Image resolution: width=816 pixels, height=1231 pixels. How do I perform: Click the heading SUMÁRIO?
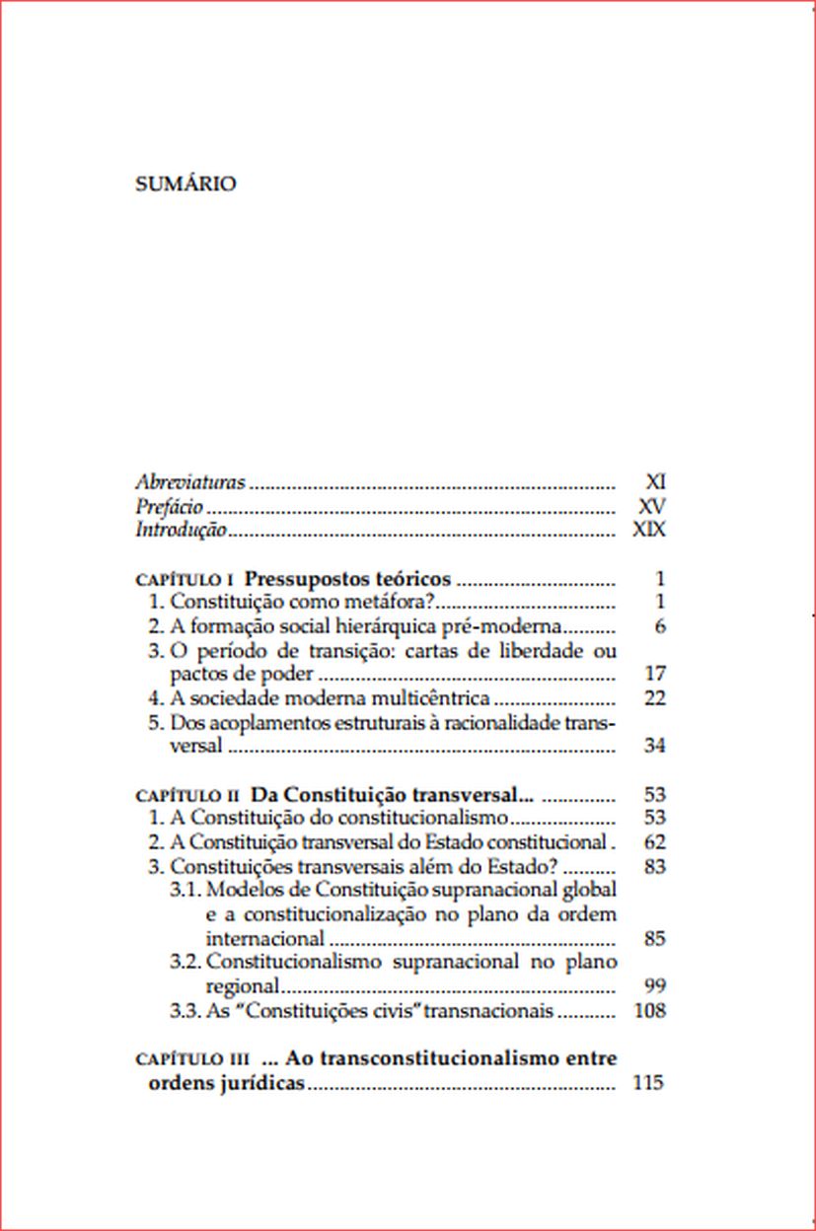185,184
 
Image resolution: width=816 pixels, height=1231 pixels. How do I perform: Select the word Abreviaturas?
189,482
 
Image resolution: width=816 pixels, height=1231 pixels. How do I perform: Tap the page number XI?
655,482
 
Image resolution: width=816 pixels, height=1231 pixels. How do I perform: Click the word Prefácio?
169,506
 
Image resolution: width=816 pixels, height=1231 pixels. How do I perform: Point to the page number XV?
652,506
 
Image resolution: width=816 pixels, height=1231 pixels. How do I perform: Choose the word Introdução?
181,531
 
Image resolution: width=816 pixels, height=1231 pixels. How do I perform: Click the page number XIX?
649,531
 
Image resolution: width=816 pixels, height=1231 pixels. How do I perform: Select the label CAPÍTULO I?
184,579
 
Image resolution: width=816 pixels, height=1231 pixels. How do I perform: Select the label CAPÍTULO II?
186,794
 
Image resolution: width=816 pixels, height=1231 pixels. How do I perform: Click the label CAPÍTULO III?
191,1059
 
